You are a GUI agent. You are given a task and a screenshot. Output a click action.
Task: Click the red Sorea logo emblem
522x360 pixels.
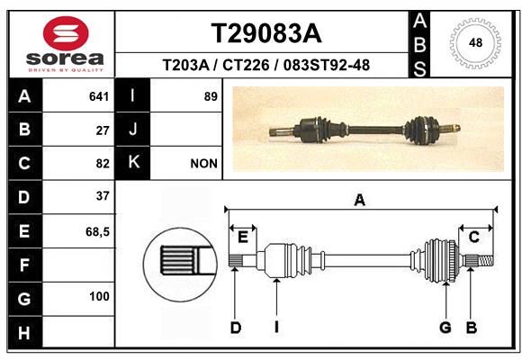(66, 33)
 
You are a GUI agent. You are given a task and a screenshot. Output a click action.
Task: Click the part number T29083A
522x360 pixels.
(266, 33)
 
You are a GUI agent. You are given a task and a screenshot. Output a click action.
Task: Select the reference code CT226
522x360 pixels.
(246, 65)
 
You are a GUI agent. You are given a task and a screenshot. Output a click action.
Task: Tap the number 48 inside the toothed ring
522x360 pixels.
(475, 42)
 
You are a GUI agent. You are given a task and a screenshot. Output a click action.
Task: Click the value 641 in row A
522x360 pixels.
(99, 96)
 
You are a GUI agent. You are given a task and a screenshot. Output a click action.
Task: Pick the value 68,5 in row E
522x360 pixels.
(97, 231)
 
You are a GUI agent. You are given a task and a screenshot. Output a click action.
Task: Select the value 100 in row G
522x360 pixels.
(99, 296)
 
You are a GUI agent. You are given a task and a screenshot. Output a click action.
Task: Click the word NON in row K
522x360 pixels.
(203, 164)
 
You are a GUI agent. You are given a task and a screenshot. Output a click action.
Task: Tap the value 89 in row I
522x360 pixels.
(211, 96)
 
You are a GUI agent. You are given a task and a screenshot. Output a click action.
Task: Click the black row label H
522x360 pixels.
(25, 333)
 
